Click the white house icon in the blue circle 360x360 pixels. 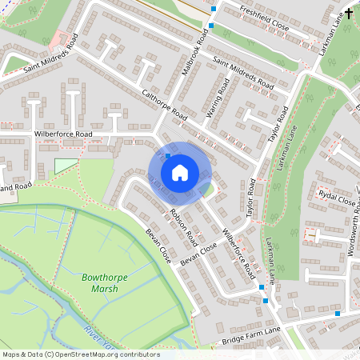click(179, 173)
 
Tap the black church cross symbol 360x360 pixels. click(349, 14)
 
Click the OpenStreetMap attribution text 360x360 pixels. click(80, 354)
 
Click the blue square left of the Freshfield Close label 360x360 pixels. click(214, 10)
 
